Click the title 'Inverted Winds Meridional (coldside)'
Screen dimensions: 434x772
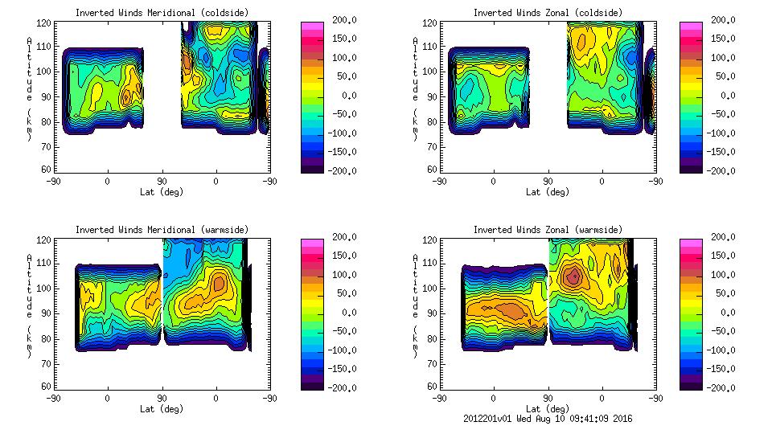162,13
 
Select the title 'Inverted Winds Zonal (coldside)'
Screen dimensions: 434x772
548,13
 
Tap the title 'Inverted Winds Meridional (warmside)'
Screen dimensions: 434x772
162,230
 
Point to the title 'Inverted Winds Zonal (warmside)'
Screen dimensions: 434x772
548,230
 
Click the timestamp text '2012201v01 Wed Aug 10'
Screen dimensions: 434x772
515,419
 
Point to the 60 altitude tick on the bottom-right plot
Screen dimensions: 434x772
431,387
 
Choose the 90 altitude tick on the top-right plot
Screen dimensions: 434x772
431,96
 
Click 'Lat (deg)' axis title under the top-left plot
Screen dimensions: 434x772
162,192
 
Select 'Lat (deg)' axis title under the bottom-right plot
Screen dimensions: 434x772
548,408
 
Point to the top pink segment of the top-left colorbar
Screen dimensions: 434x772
312,25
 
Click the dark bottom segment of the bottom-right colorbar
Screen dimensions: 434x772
690,385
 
